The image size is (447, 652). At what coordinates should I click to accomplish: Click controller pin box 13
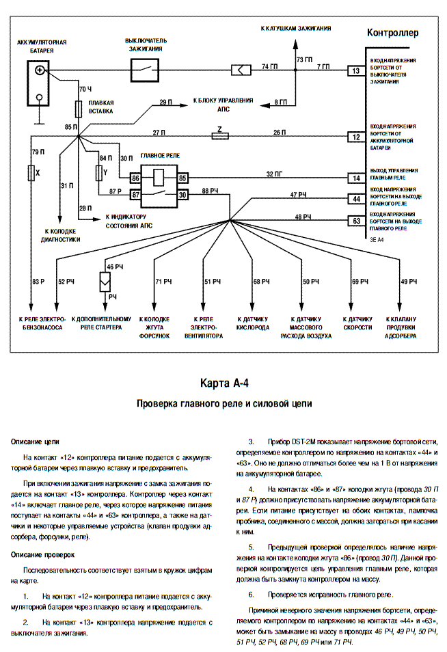click(x=356, y=70)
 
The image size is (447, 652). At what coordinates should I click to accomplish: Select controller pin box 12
click(x=356, y=137)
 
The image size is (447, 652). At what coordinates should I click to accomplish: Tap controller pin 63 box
click(x=356, y=221)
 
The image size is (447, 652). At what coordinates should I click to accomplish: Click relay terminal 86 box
click(x=135, y=178)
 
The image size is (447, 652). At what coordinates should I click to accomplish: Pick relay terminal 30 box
click(x=182, y=194)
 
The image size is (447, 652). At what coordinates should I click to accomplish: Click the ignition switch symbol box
click(x=145, y=70)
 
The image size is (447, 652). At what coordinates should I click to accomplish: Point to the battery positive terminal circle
click(x=40, y=70)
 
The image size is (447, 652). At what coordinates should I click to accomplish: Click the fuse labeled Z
click(x=220, y=136)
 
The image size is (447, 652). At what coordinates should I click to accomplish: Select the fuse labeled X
click(x=31, y=172)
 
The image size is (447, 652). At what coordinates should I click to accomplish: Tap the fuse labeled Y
click(x=99, y=172)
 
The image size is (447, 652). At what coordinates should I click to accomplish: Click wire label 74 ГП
click(x=269, y=66)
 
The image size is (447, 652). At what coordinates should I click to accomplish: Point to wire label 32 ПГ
click(x=274, y=174)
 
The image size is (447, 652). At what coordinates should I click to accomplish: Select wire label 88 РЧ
click(x=210, y=191)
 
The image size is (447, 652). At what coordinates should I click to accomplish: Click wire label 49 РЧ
click(x=409, y=282)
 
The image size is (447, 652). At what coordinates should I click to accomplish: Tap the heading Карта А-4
click(x=224, y=383)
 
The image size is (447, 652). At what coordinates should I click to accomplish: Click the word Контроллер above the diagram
click(x=392, y=32)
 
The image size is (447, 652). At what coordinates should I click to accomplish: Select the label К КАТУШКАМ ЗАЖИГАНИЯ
click(x=296, y=28)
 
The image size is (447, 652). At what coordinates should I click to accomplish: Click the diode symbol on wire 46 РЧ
click(x=105, y=282)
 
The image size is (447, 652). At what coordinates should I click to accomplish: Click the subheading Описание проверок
click(x=42, y=555)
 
